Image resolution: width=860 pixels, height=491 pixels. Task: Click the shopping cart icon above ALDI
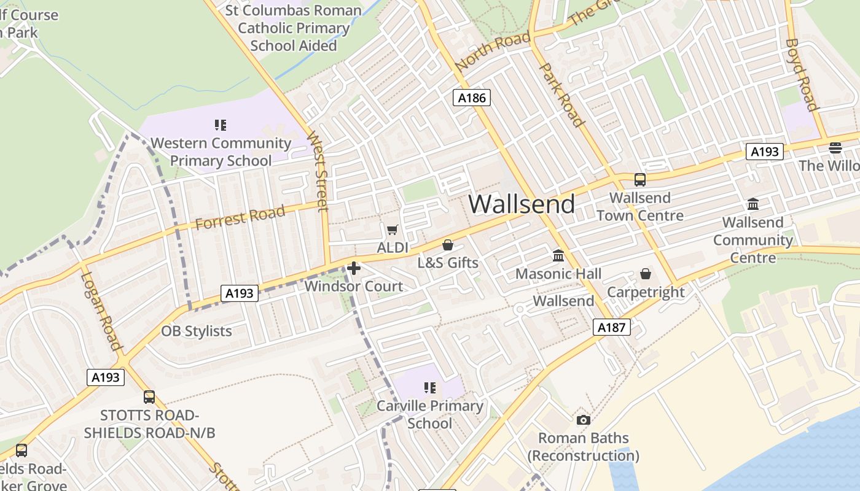tap(392, 230)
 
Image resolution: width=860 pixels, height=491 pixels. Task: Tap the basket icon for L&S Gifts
tap(448, 245)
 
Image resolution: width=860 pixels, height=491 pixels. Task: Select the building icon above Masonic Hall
tap(558, 255)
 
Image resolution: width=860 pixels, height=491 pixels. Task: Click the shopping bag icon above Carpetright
tap(645, 273)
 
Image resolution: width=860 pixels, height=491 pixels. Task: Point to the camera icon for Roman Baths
tap(584, 420)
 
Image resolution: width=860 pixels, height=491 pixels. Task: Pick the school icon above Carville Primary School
tap(429, 387)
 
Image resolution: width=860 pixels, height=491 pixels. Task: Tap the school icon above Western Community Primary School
tap(221, 125)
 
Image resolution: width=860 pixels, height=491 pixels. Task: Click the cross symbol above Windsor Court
tap(354, 268)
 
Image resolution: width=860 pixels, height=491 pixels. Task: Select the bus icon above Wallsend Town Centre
tap(640, 180)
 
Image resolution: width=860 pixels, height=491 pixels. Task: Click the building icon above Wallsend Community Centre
tap(753, 204)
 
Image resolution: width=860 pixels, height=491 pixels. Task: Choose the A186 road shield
tap(472, 97)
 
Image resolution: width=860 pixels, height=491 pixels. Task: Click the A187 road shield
tap(612, 327)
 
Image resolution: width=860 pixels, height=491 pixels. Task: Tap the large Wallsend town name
tap(522, 204)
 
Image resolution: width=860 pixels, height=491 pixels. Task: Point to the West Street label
tap(318, 170)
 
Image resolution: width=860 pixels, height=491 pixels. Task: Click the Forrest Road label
tap(240, 217)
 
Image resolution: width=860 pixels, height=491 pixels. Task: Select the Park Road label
tap(561, 94)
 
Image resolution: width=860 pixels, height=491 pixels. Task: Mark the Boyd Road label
tap(802, 75)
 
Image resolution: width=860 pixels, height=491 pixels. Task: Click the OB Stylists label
tap(197, 331)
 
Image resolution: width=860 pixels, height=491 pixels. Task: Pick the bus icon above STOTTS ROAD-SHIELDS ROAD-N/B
tap(149, 397)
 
